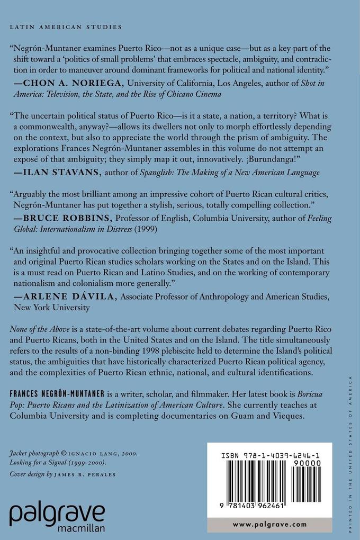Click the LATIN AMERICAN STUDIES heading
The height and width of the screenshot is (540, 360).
[66, 26]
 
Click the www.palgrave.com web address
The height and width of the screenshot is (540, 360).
[269, 524]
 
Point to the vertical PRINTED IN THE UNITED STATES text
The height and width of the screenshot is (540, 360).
[349, 450]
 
